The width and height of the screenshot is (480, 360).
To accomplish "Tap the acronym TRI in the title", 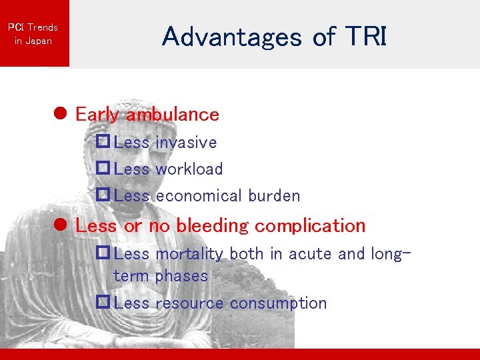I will coord(365,37).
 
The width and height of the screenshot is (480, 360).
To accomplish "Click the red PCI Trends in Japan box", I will coord(33,33).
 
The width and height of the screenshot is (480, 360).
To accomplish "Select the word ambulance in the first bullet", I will coord(173,115).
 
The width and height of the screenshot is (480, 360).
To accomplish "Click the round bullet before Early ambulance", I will coord(60,115).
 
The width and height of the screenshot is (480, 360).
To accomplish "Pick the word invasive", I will coord(186,143).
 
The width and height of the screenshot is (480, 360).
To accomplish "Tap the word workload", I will coord(189,169).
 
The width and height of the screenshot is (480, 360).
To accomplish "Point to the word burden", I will coord(274,196).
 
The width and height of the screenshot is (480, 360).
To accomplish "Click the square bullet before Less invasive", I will coord(103,142).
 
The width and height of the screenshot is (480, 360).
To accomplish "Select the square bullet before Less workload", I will coord(103,169).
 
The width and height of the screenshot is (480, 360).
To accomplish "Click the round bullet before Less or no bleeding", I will coord(60,226).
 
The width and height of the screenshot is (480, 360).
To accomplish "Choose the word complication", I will coord(310,226).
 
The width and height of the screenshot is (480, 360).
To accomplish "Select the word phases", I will coord(182,276).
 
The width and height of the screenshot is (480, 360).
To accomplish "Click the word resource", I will coord(189,303).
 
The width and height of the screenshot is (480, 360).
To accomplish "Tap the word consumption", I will coord(278,303).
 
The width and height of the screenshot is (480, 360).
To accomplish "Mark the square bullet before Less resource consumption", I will coord(103,303).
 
